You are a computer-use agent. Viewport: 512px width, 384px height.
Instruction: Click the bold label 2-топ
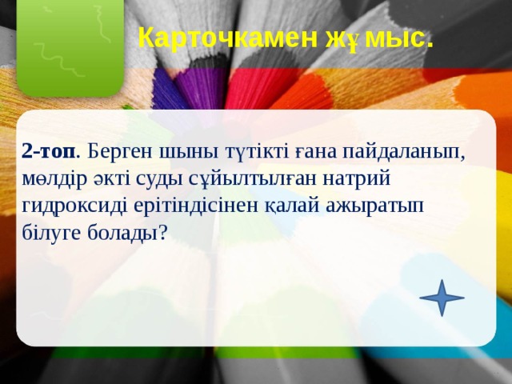[x=50, y=150]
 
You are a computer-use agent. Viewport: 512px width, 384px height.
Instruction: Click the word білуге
[x=52, y=232]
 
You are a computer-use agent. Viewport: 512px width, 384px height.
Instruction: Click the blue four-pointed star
[x=442, y=298]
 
